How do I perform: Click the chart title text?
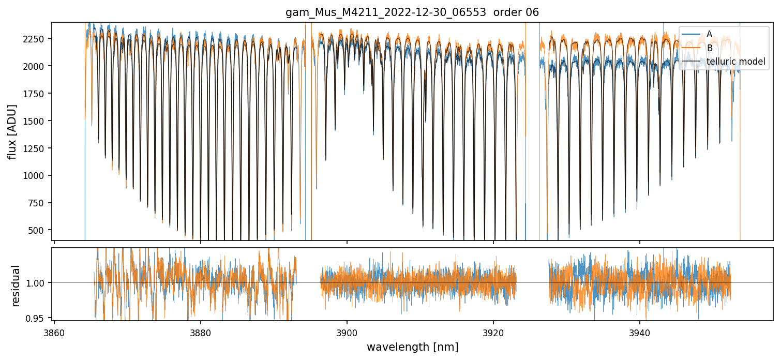412,12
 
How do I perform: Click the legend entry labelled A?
709,34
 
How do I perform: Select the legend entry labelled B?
709,48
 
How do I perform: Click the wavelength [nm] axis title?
412,347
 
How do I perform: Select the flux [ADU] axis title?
12,131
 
